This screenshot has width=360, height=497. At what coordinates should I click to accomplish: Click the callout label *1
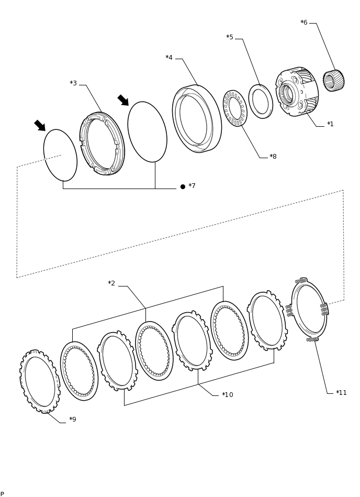(x=330, y=124)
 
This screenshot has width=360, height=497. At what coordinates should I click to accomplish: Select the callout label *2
(x=111, y=283)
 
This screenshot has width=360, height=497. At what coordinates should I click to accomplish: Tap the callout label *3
(x=73, y=83)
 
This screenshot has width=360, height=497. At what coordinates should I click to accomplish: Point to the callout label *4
(x=169, y=58)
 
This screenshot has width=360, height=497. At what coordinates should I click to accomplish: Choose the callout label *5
(x=230, y=37)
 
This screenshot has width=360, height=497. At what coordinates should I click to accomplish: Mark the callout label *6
(x=304, y=23)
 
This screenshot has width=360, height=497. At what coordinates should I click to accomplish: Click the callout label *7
(x=192, y=186)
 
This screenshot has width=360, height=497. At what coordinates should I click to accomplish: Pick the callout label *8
(x=273, y=157)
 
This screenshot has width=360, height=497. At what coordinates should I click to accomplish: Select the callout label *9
(x=72, y=419)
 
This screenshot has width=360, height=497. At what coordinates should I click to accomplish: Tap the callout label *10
(x=227, y=395)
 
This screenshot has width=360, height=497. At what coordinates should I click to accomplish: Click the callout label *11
(x=341, y=393)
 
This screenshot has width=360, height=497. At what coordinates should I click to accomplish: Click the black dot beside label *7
(x=183, y=186)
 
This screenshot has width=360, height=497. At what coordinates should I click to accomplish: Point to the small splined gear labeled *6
(x=333, y=81)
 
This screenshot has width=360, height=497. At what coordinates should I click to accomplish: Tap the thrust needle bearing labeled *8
(x=235, y=108)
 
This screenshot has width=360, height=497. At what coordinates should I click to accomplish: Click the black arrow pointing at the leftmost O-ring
(x=40, y=126)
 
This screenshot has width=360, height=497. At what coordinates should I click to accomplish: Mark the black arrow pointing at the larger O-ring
(x=123, y=100)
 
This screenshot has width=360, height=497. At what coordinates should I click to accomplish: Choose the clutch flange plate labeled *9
(x=40, y=382)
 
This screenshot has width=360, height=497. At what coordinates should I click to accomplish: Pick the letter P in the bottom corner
(x=2, y=494)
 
